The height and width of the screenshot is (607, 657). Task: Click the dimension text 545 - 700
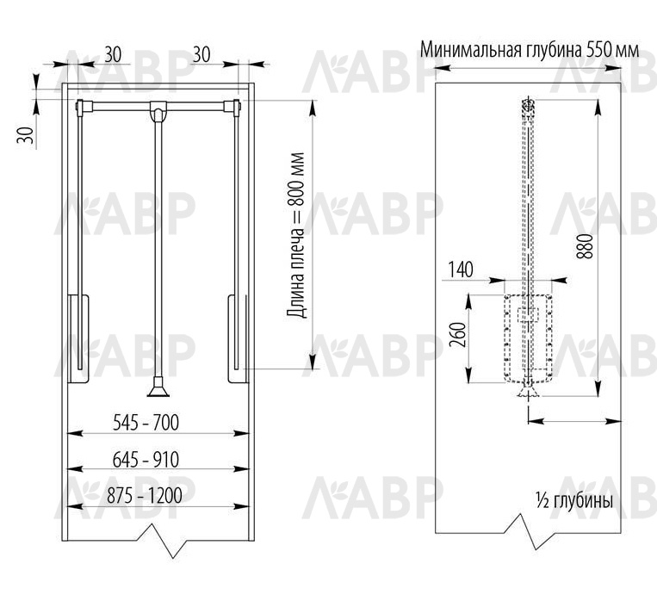point(146,422)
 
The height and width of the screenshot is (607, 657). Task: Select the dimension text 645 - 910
point(146,460)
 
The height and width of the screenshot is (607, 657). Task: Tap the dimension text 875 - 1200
point(145,496)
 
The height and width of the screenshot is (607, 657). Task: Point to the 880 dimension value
point(585,246)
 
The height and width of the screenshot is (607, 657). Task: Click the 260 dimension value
point(458,335)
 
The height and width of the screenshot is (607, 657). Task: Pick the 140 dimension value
point(461,269)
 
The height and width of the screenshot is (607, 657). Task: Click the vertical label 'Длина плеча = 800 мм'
point(296,235)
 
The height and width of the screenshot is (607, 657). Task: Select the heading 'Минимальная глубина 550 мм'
point(530,50)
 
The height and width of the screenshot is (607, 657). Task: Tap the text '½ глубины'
point(574,501)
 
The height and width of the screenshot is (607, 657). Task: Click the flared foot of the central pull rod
point(158,387)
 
